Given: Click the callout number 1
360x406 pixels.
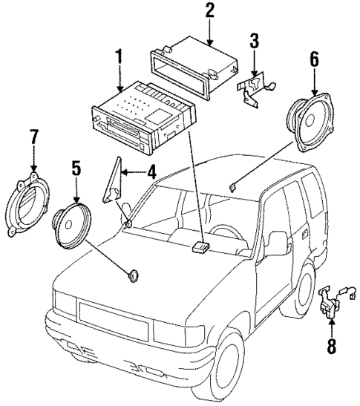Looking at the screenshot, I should click(117, 56).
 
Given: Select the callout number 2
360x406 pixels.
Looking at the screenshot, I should click(209, 10).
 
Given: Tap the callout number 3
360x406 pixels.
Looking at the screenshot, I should click(254, 40).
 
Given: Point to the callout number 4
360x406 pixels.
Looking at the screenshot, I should click(151, 173).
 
